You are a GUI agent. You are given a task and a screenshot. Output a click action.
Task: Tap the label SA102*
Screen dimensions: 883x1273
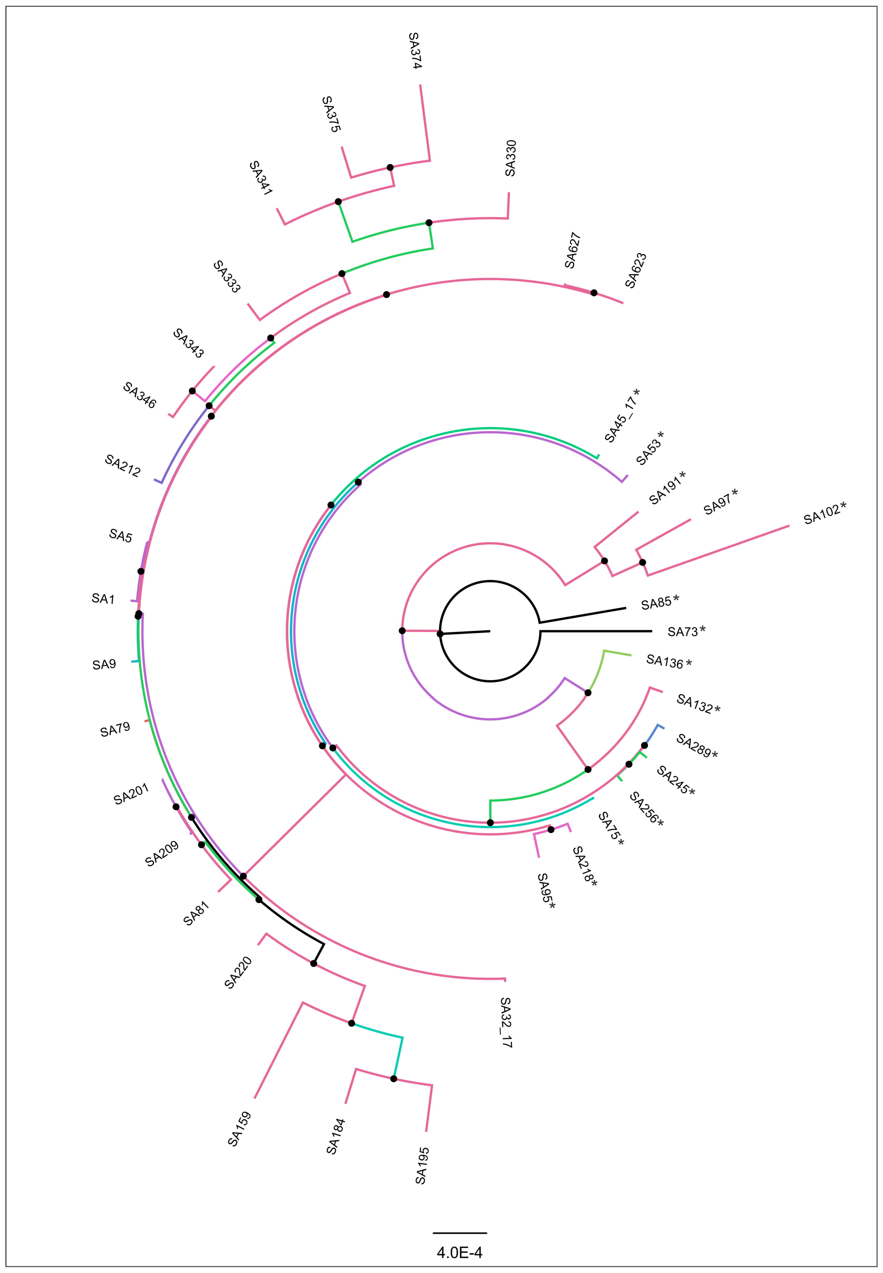(824, 513)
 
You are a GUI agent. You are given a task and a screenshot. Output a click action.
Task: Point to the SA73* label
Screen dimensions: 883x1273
(686, 631)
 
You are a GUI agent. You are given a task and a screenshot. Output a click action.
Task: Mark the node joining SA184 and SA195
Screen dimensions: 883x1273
(393, 1079)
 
